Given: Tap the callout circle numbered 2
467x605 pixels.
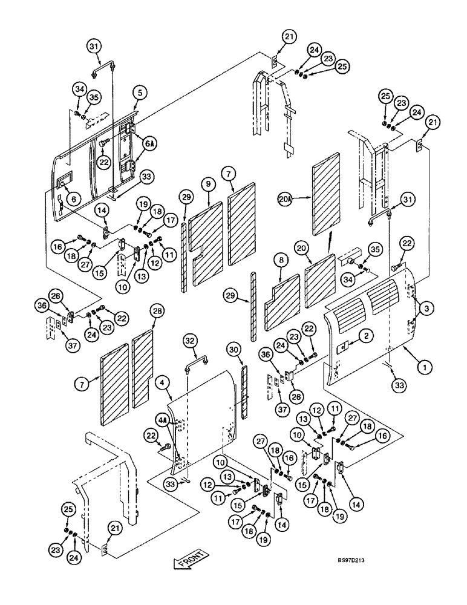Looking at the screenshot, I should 367,334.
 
